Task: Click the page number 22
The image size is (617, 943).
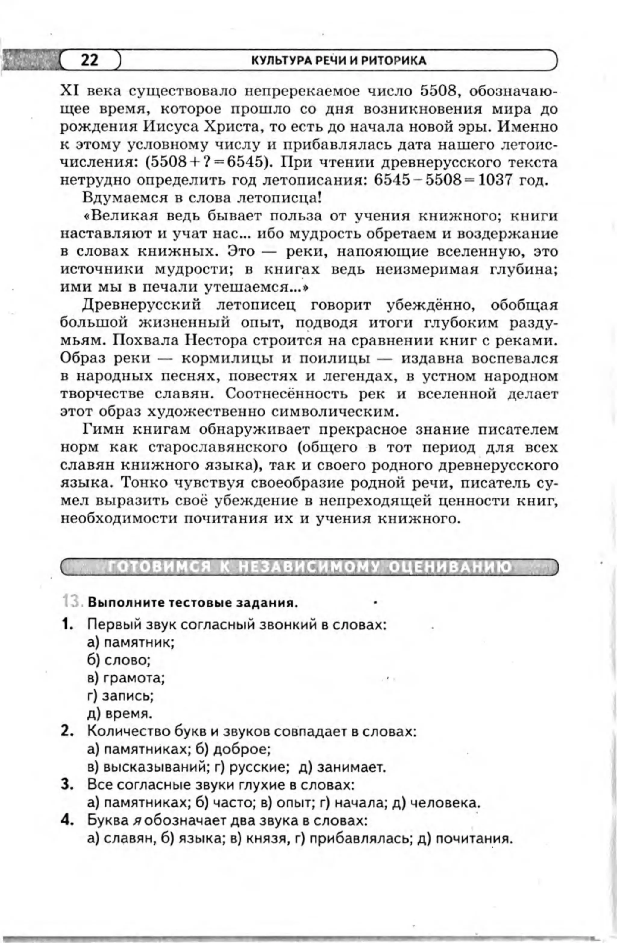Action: pyautogui.click(x=89, y=60)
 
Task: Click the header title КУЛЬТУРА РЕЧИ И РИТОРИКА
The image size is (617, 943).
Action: pyautogui.click(x=339, y=61)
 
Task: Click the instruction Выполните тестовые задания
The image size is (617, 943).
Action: pyautogui.click(x=193, y=604)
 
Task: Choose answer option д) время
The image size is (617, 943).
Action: pyautogui.click(x=120, y=714)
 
